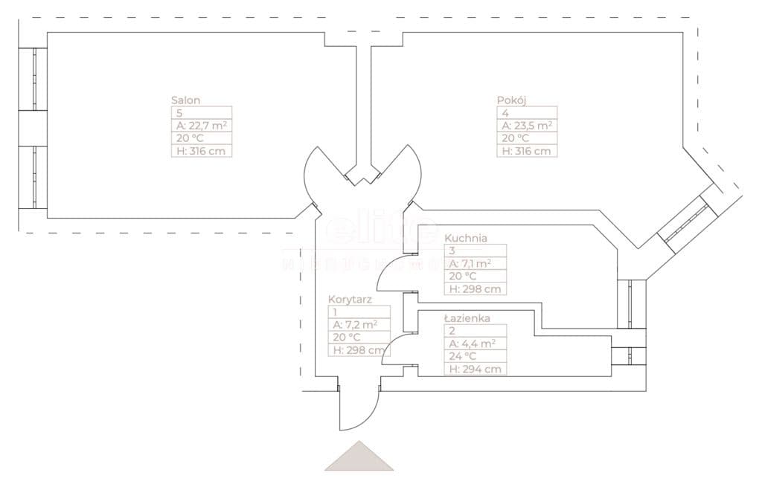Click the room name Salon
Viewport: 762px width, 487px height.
pos(186,100)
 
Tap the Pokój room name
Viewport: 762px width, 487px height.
pos(511,100)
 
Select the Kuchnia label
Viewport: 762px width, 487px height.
pos(466,239)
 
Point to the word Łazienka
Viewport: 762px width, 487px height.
pos(467,318)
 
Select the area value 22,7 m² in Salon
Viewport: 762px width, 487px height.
pos(201,126)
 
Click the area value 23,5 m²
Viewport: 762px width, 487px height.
pos(527,126)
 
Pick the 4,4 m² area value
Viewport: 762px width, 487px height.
pos(473,344)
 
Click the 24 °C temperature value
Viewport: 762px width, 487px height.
pos(464,356)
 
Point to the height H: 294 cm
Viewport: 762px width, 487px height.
pos(475,369)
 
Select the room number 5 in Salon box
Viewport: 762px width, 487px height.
pos(179,113)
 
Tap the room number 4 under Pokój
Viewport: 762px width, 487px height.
pos(505,113)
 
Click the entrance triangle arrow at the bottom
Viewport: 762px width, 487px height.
pos(359,457)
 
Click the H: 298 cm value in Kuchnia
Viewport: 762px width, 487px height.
pos(475,289)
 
